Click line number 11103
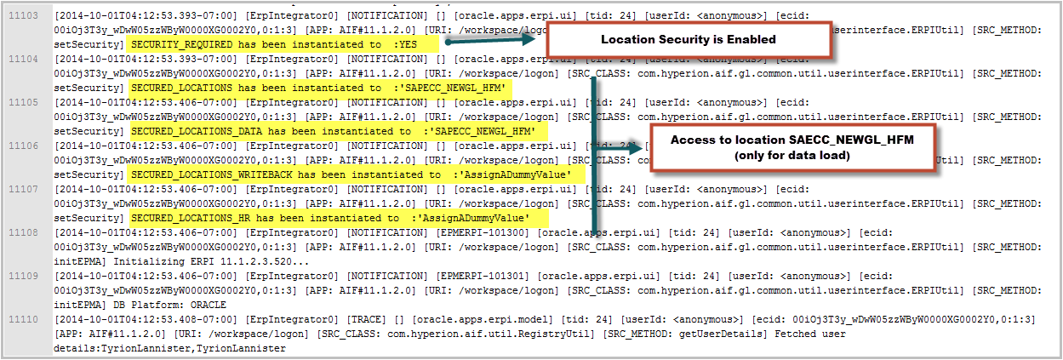tap(23, 15)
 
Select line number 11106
tap(23, 146)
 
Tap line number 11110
tap(23, 319)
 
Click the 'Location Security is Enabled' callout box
tap(689, 39)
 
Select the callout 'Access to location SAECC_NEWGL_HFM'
tap(792, 147)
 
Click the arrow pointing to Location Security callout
tap(490, 40)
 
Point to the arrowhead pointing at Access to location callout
tap(635, 148)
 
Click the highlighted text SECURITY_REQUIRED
tap(182, 44)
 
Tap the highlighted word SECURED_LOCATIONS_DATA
tap(197, 131)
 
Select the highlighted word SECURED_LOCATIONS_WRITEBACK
tap(212, 175)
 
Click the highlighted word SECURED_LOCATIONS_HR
tap(191, 218)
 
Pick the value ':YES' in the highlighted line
tap(405, 44)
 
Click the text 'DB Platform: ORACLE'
tap(169, 305)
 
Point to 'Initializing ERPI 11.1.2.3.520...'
tap(211, 262)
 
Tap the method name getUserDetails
tap(723, 334)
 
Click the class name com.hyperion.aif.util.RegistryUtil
tap(491, 334)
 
